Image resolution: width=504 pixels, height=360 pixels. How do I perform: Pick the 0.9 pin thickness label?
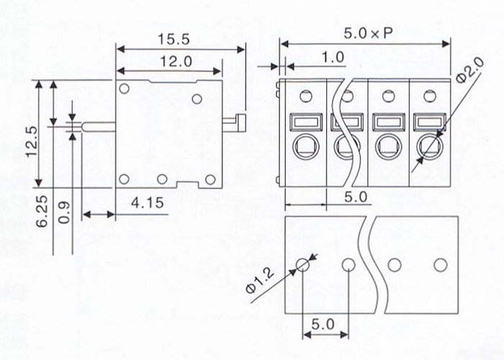click(x=64, y=214)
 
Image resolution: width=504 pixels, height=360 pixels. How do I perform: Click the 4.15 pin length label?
click(x=145, y=205)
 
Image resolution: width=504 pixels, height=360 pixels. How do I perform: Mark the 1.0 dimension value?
click(x=333, y=57)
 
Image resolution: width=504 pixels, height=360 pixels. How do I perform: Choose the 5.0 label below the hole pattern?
click(x=324, y=325)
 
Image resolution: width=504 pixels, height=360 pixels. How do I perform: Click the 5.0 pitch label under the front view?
click(x=354, y=195)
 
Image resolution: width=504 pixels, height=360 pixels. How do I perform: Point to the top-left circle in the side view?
click(x=125, y=89)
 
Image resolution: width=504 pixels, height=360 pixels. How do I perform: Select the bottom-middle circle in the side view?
click(x=162, y=179)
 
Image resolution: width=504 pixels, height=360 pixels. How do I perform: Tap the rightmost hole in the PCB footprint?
click(x=440, y=265)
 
